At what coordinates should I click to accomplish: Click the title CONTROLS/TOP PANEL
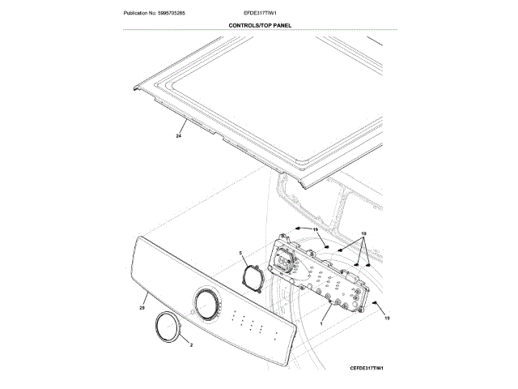(260, 26)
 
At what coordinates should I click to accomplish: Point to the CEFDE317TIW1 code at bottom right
(372, 368)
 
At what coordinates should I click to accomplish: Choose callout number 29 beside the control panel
(141, 308)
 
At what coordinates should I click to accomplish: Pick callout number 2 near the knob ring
(191, 346)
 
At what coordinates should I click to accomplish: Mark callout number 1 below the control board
(321, 323)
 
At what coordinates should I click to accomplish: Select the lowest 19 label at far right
(387, 319)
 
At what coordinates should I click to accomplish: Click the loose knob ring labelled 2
(167, 327)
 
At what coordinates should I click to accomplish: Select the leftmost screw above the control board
(293, 230)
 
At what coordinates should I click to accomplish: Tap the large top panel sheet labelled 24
(267, 105)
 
